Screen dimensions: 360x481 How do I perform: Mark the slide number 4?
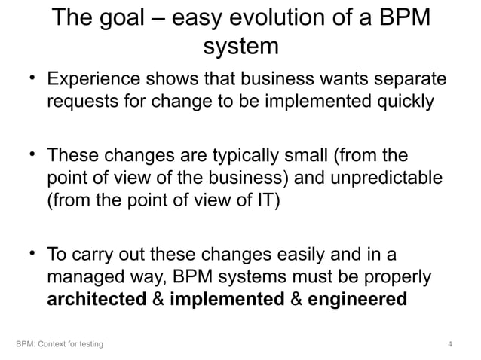point(449,345)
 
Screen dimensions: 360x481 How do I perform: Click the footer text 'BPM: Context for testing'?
point(60,345)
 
